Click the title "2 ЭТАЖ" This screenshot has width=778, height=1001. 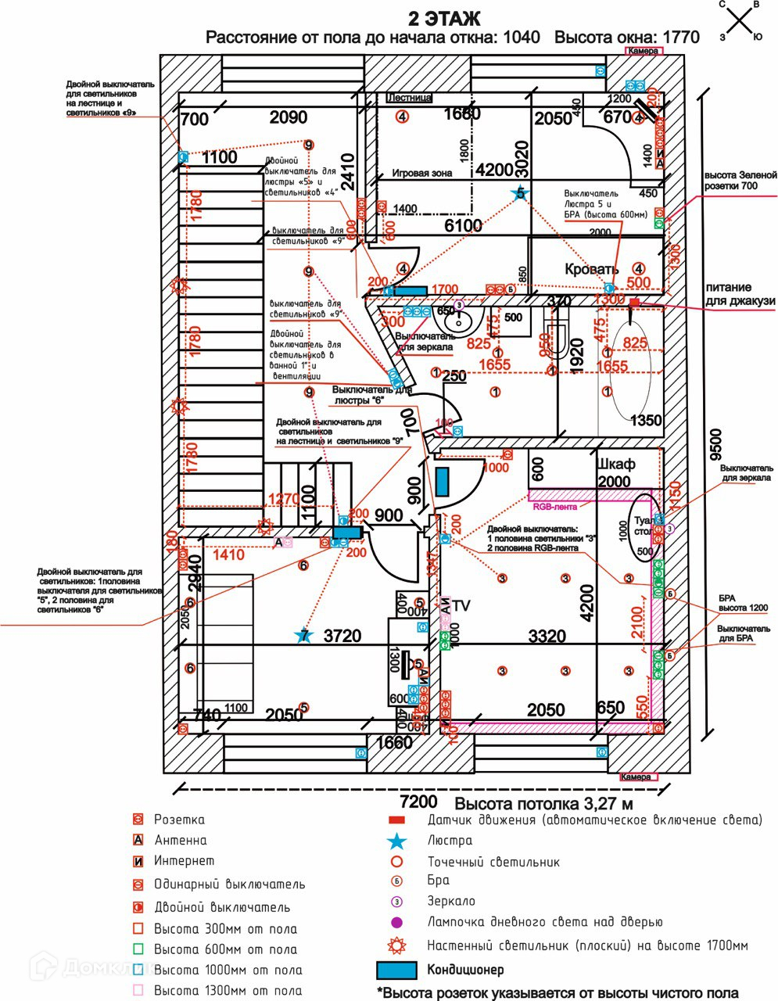tap(444, 18)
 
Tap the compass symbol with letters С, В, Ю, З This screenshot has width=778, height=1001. tap(742, 20)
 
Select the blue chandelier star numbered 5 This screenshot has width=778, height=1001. tap(520, 192)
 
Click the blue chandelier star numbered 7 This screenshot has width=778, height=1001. tap(303, 636)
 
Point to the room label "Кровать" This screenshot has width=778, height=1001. tap(592, 269)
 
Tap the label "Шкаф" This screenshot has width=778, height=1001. tap(615, 464)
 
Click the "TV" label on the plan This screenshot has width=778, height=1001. tap(461, 605)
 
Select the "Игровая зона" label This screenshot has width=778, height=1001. tap(421, 174)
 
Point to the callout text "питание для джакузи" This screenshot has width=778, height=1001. tap(740, 294)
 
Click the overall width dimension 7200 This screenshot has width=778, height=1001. tap(418, 802)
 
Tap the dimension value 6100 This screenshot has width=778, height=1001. tap(463, 225)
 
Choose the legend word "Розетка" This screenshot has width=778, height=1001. tap(179, 820)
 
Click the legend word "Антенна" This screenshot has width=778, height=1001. tap(181, 841)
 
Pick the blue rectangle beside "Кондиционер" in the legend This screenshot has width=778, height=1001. tap(397, 971)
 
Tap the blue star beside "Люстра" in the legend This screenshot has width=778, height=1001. tap(397, 841)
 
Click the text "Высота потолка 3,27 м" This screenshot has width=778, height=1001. tap(544, 803)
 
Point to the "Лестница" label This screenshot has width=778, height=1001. tap(409, 99)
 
